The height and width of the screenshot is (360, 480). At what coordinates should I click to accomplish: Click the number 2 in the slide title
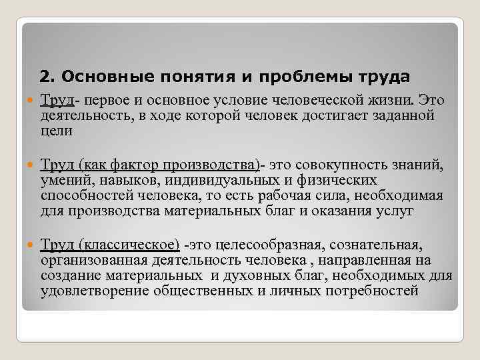[45, 77]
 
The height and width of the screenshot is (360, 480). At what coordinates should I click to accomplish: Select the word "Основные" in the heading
[90, 77]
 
